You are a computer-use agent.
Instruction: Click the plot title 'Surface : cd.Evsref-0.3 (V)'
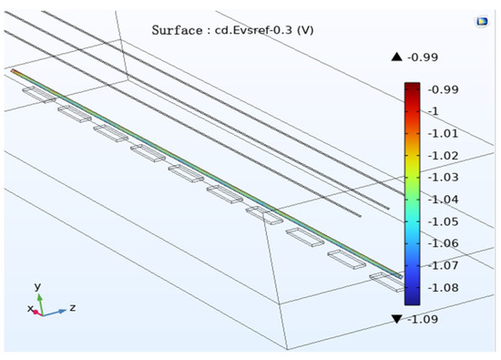pyautogui.click(x=232, y=30)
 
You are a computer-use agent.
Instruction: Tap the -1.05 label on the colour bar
pyautogui.click(x=443, y=221)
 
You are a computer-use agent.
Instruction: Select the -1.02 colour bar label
pyautogui.click(x=443, y=155)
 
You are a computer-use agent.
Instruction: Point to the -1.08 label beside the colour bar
pyautogui.click(x=443, y=287)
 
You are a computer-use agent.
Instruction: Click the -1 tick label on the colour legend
pyautogui.click(x=434, y=111)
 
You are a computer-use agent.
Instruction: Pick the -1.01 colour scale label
pyautogui.click(x=443, y=133)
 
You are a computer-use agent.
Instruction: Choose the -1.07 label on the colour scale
pyautogui.click(x=443, y=265)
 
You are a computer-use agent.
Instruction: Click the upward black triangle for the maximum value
pyautogui.click(x=396, y=57)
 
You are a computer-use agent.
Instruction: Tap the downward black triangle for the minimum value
pyautogui.click(x=396, y=319)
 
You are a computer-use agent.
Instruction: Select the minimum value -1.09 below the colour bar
pyautogui.click(x=423, y=319)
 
